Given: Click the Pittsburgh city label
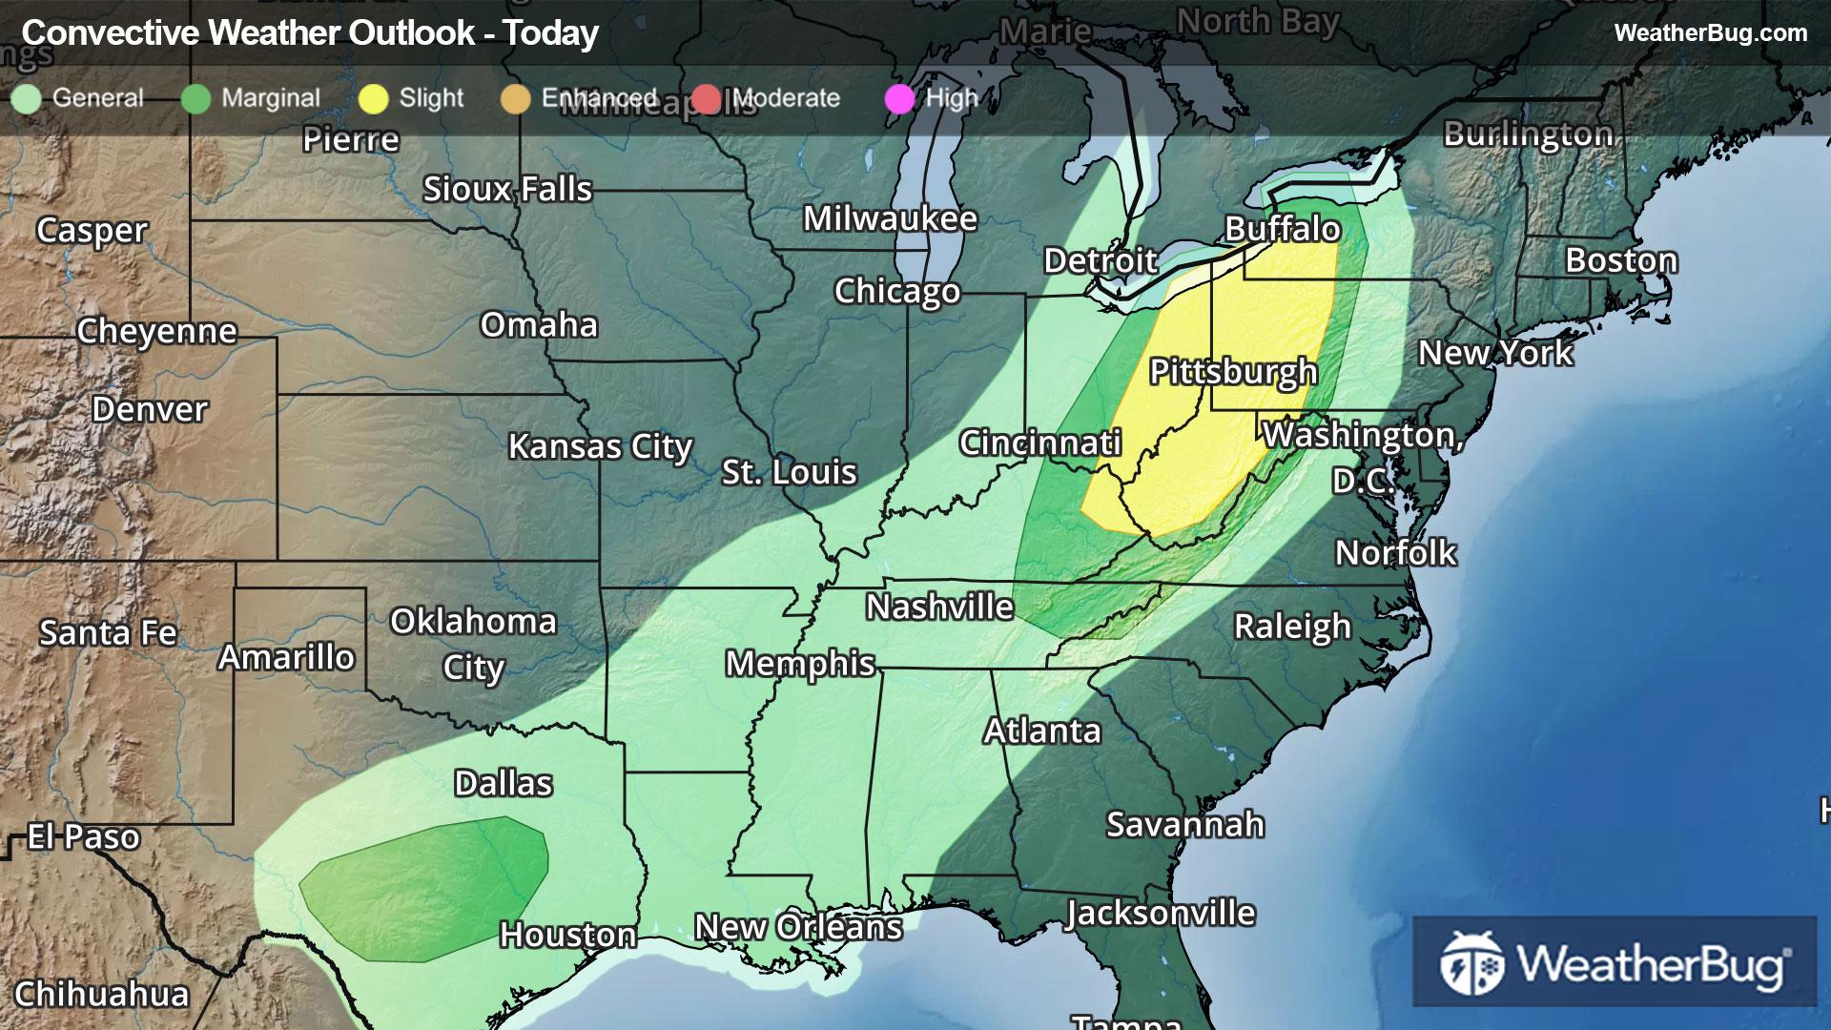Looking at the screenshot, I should tap(1233, 372).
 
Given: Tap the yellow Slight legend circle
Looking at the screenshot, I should tap(373, 98).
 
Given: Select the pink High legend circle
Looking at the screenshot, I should tap(899, 98).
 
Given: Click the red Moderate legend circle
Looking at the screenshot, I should tap(707, 98).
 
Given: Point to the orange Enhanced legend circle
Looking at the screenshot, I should tap(516, 98).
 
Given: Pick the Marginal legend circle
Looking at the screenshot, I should tap(195, 98).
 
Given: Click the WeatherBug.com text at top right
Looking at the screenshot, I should tap(1710, 32).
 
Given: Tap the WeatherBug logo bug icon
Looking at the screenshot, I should tap(1471, 963).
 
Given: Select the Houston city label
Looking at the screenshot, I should tap(568, 935).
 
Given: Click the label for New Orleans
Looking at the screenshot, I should tap(798, 927).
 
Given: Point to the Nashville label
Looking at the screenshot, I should tap(939, 607).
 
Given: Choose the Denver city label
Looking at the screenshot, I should tap(150, 409).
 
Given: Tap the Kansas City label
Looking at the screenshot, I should tap(600, 446).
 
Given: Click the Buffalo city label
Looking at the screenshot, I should tap(1283, 229).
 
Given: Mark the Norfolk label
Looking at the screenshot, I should tap(1395, 552).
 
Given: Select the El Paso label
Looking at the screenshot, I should tap(84, 836).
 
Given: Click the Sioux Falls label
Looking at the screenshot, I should tap(507, 189).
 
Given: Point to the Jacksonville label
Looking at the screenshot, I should tap(1161, 913).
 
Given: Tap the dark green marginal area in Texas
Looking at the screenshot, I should tap(424, 887).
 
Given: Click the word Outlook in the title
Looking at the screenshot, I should tap(412, 33).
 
